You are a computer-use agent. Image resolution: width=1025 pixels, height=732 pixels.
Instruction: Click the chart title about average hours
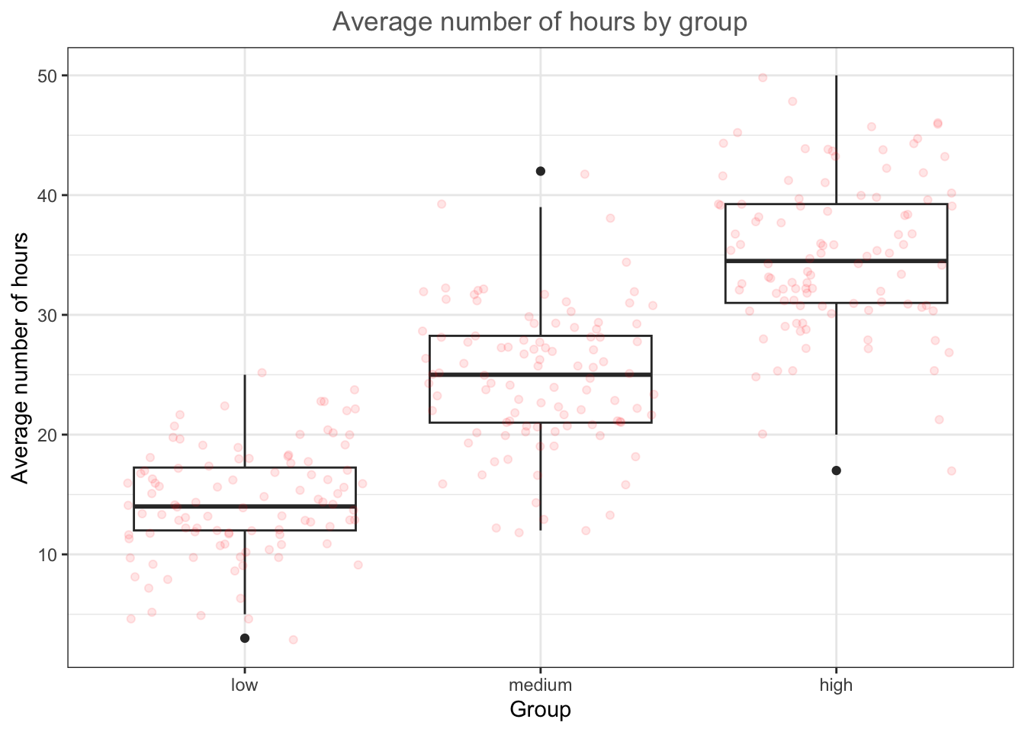[540, 22]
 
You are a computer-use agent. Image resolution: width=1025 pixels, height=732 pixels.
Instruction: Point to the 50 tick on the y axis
[50, 75]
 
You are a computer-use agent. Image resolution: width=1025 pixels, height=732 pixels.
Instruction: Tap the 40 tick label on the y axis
[50, 195]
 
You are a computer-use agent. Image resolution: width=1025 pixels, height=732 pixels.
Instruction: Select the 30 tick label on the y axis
[50, 315]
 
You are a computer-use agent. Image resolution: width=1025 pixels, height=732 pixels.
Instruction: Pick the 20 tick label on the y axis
[50, 435]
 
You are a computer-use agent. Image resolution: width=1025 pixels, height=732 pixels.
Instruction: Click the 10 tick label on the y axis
[50, 554]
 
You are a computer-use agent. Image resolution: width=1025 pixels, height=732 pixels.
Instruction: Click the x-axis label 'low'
[245, 685]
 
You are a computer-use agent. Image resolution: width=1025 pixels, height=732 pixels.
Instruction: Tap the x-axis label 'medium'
[541, 685]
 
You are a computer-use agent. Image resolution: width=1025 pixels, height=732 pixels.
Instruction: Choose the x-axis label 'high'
[836, 685]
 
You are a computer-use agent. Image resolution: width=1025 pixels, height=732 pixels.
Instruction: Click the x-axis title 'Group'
[540, 710]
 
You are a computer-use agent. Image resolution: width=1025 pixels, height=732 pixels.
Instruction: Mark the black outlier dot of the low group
[245, 638]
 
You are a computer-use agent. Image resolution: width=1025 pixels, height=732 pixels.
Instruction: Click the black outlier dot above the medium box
[541, 172]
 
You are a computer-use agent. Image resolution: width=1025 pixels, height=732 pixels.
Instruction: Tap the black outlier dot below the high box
[837, 470]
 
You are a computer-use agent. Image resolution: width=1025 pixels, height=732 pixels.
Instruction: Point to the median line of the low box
[245, 506]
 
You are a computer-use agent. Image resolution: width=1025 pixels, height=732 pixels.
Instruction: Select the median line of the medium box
[541, 374]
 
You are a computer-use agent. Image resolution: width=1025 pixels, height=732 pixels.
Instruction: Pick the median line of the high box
[837, 261]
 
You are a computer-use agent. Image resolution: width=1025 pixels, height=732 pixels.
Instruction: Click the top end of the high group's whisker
[837, 76]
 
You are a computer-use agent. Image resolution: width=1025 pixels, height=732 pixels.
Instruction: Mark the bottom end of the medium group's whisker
[541, 530]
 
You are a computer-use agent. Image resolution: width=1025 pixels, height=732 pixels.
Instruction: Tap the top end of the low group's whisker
[245, 375]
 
